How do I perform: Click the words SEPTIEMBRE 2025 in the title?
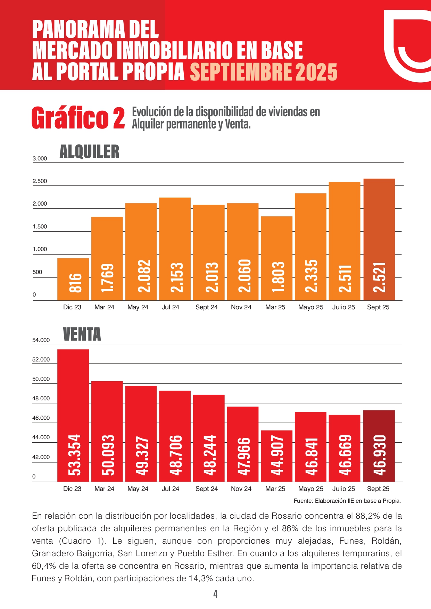264,72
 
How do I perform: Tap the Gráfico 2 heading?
78,118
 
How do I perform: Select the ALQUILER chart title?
89,152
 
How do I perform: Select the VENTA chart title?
82,334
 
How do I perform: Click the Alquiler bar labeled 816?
73,279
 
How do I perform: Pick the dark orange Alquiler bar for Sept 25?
379,240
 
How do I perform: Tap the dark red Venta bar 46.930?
379,446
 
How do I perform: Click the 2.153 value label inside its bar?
175,277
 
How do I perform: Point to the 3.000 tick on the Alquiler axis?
40,159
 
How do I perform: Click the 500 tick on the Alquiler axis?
37,272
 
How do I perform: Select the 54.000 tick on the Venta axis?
41,340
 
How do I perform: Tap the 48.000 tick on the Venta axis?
41,399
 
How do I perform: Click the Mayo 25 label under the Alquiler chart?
310,307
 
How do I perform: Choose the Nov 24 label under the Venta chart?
241,489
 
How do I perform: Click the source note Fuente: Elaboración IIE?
347,501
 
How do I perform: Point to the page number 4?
215,594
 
